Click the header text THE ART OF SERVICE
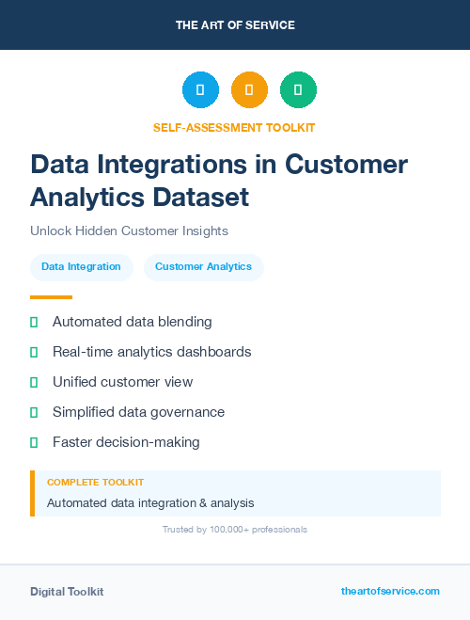235,25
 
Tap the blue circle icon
200,89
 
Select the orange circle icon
249,89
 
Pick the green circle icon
298,89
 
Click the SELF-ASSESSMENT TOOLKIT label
234,127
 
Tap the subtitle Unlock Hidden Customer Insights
129,231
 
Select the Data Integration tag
81,267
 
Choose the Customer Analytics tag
203,267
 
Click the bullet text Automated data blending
132,322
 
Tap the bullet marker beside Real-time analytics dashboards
34,352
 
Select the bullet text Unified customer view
122,382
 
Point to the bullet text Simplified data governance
138,412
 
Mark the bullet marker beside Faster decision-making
34,442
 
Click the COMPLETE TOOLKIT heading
95,482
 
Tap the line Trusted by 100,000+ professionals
234,530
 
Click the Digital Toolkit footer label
67,592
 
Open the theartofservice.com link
390,591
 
